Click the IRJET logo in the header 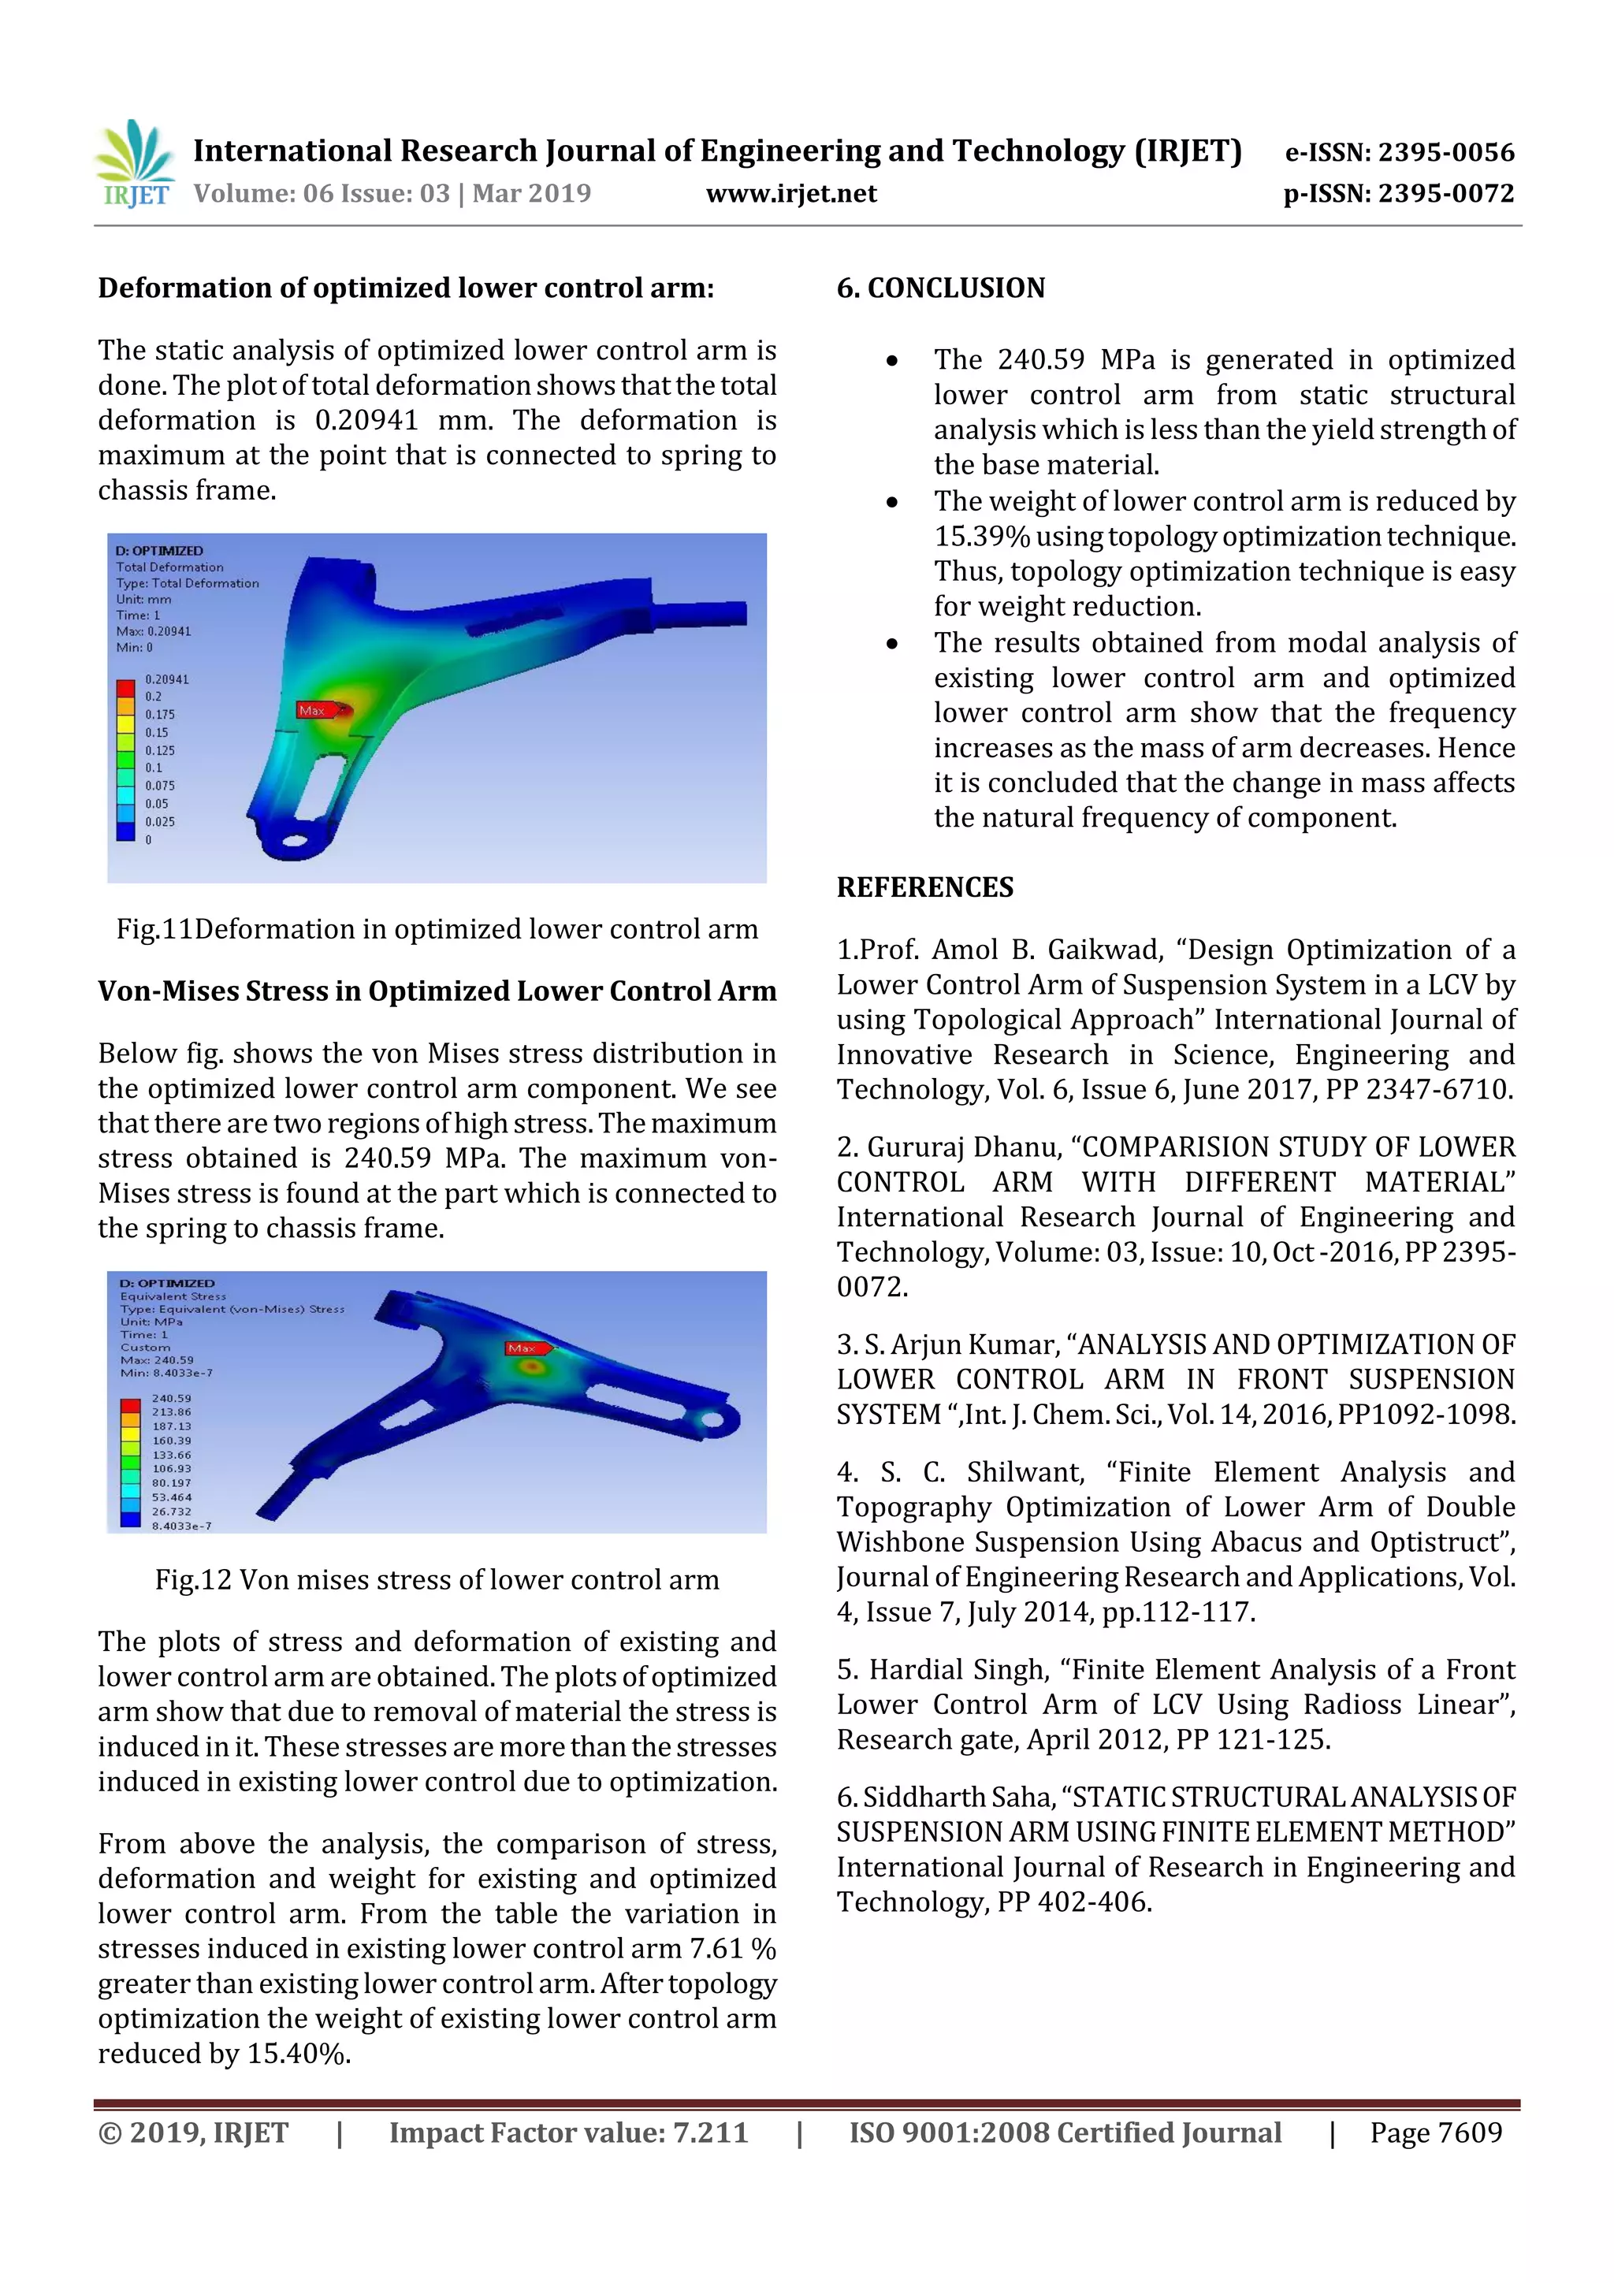(x=136, y=164)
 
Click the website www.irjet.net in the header (x=790, y=194)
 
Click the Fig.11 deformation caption (x=437, y=928)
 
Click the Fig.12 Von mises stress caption (x=437, y=1579)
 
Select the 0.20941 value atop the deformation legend (x=167, y=679)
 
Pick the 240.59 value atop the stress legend (x=171, y=1398)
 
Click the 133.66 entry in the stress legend (x=171, y=1455)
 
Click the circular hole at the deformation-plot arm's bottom (x=296, y=841)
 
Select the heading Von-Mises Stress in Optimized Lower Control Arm (x=437, y=991)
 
